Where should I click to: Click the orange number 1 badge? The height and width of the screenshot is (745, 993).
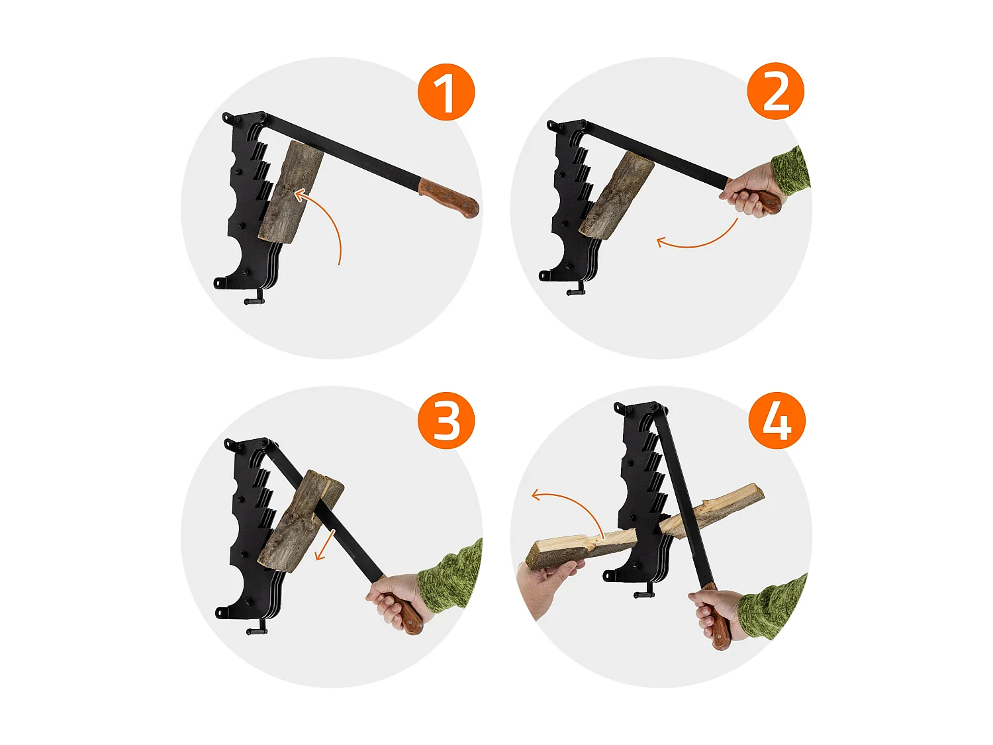[x=446, y=92]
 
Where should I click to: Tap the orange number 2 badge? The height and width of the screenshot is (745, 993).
[x=775, y=91]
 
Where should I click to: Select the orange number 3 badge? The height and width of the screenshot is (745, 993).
[x=446, y=421]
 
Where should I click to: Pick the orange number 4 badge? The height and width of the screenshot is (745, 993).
[x=777, y=421]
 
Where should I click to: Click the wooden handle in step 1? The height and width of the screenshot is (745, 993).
[x=449, y=198]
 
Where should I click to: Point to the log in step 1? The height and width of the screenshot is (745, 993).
[x=290, y=192]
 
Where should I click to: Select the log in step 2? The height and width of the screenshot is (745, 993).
[x=616, y=195]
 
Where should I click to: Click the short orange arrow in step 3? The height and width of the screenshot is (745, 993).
[x=325, y=545]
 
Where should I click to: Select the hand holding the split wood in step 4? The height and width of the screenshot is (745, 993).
[x=544, y=587]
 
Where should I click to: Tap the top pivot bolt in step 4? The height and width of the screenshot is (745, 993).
[x=653, y=406]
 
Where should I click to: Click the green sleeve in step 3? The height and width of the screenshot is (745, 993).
[x=451, y=576]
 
